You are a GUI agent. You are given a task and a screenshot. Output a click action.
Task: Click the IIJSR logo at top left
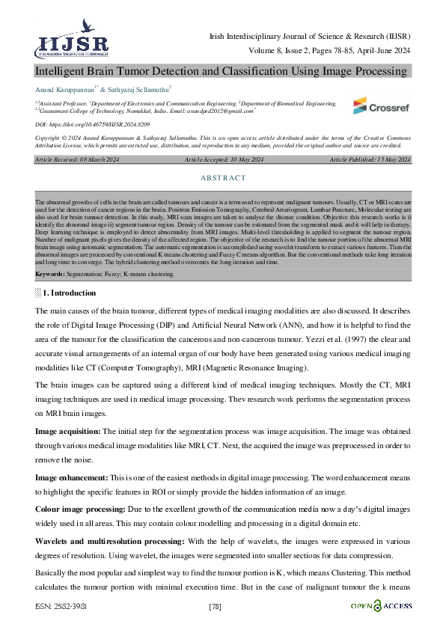click(64, 39)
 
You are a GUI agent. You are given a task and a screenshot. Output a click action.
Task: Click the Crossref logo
click(380, 106)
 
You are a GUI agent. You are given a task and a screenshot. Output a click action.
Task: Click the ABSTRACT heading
click(223, 178)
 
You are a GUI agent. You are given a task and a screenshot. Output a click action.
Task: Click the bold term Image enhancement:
click(71, 477)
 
